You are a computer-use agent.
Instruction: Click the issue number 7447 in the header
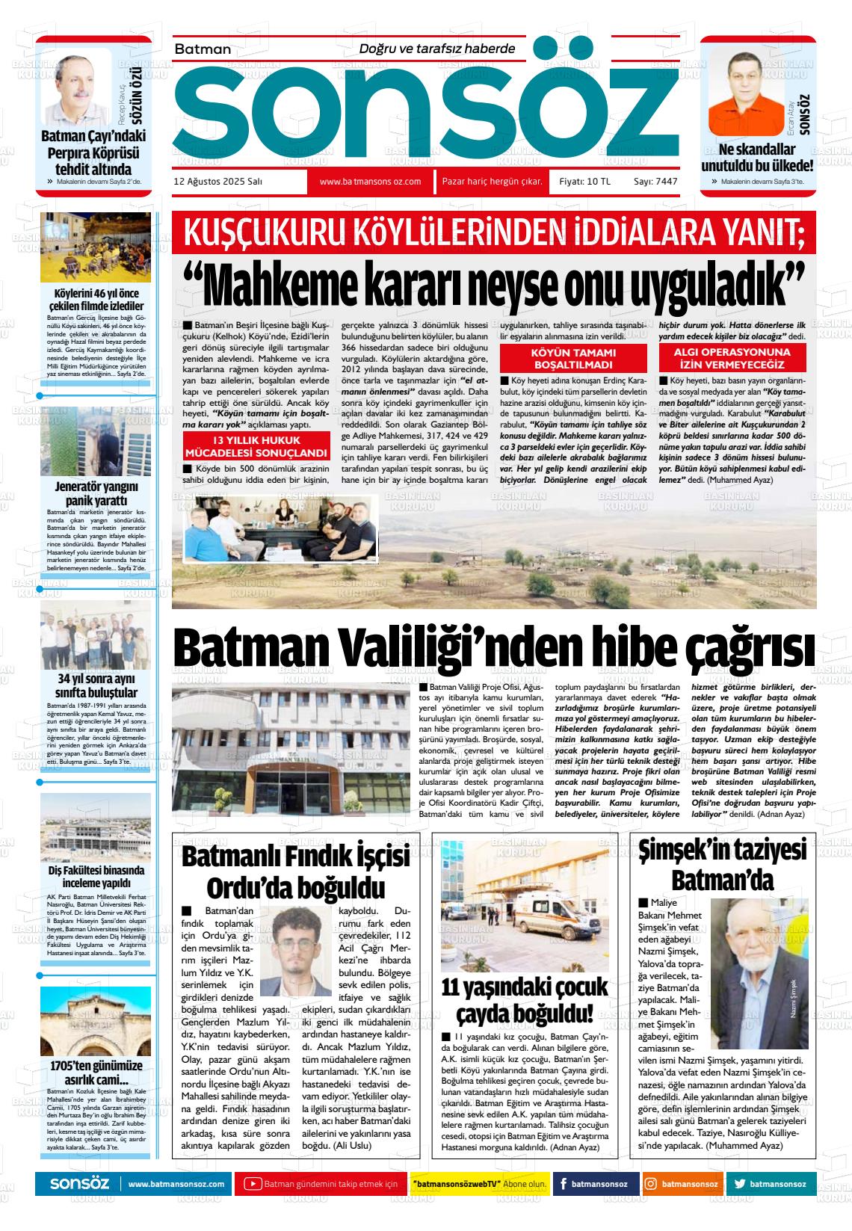click(x=666, y=182)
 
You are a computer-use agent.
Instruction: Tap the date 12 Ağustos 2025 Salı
click(x=217, y=182)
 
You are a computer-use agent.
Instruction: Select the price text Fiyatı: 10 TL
click(x=585, y=182)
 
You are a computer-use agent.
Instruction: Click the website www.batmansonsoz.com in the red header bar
click(x=370, y=182)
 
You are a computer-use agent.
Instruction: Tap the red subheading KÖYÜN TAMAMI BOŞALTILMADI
click(x=573, y=359)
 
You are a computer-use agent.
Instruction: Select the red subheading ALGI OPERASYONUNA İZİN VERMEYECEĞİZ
click(x=732, y=359)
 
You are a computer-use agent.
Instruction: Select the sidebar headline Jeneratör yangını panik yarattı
click(x=96, y=493)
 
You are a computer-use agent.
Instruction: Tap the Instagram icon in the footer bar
click(x=651, y=1184)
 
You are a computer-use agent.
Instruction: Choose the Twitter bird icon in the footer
click(x=740, y=1184)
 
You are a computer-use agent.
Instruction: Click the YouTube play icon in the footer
click(x=253, y=1184)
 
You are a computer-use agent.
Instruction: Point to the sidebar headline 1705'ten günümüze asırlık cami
click(x=96, y=1072)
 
